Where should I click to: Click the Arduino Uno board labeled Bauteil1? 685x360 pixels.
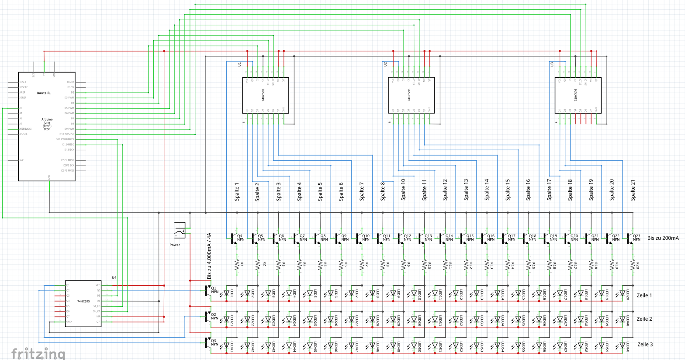pos(47,126)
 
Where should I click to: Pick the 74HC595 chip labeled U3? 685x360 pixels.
pos(578,95)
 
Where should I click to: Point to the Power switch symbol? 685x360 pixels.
pos(180,230)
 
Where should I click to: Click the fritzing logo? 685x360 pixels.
pos(38,353)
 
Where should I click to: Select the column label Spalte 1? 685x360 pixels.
pos(237,191)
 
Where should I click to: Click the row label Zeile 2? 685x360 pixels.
pos(644,319)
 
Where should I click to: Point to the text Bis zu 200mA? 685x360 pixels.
pos(663,238)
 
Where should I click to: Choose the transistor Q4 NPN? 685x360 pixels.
pos(234,238)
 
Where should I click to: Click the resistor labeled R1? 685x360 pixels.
pos(237,265)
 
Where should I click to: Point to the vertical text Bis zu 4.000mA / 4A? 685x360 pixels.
pos(209,256)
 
